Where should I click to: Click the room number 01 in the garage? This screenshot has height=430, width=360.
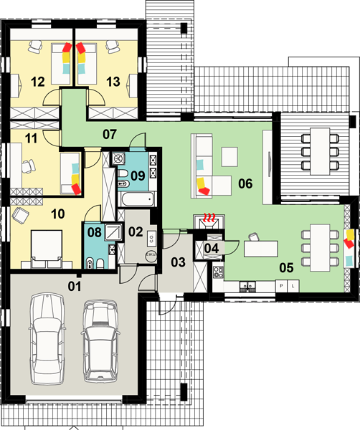[x=75, y=286]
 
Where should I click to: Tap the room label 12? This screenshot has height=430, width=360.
[x=37, y=82]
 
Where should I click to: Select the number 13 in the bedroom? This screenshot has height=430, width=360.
[x=113, y=82]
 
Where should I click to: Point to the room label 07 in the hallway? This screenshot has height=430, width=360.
[x=110, y=135]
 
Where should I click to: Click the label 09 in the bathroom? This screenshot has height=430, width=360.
[x=138, y=176]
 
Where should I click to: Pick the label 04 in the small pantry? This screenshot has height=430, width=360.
[x=212, y=249]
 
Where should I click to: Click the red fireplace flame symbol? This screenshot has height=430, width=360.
[x=209, y=218]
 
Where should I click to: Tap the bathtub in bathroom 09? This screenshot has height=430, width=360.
[x=137, y=199]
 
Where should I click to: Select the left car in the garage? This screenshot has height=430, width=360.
[x=47, y=339]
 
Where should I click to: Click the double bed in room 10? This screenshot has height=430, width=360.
[x=47, y=249]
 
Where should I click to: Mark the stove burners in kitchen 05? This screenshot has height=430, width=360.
[x=219, y=272]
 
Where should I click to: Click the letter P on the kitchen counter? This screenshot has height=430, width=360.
[x=281, y=286]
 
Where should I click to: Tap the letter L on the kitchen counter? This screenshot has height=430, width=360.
[x=293, y=286]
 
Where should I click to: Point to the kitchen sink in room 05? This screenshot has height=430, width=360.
[x=247, y=286]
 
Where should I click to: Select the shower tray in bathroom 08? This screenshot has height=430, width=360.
[x=113, y=232]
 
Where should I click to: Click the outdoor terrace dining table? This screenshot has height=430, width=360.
[x=320, y=151]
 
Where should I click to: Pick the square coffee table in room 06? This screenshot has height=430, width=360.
[x=229, y=156]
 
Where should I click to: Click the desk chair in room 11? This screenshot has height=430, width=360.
[x=29, y=166]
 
